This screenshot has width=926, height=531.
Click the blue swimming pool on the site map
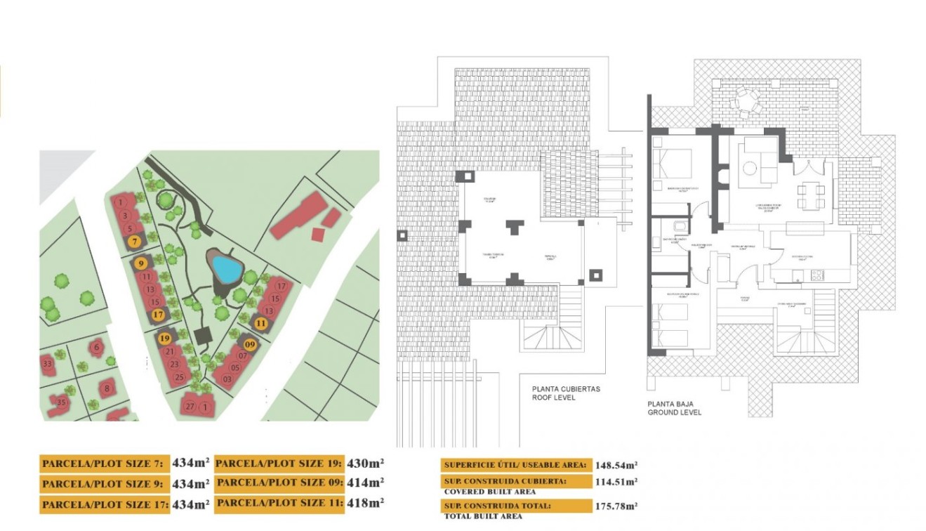[x=227, y=268]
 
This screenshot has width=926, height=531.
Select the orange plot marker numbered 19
[x=166, y=338]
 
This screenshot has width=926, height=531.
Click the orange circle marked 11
[x=261, y=323]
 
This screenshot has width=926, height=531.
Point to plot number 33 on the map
[x=47, y=364]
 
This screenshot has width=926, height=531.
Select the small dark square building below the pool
[x=203, y=336]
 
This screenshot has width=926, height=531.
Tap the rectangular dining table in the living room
[x=811, y=195]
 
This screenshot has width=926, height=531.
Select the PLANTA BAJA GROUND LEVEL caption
[x=674, y=408]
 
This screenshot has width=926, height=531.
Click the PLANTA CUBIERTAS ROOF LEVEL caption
[x=566, y=393]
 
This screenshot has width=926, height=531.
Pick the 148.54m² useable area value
[x=616, y=465]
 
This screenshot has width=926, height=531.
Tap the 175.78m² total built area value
[x=616, y=506]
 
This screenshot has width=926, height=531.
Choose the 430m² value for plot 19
[x=366, y=463]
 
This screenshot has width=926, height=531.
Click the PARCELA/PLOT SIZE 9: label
[x=104, y=484]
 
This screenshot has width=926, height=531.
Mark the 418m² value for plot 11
[x=366, y=503]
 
